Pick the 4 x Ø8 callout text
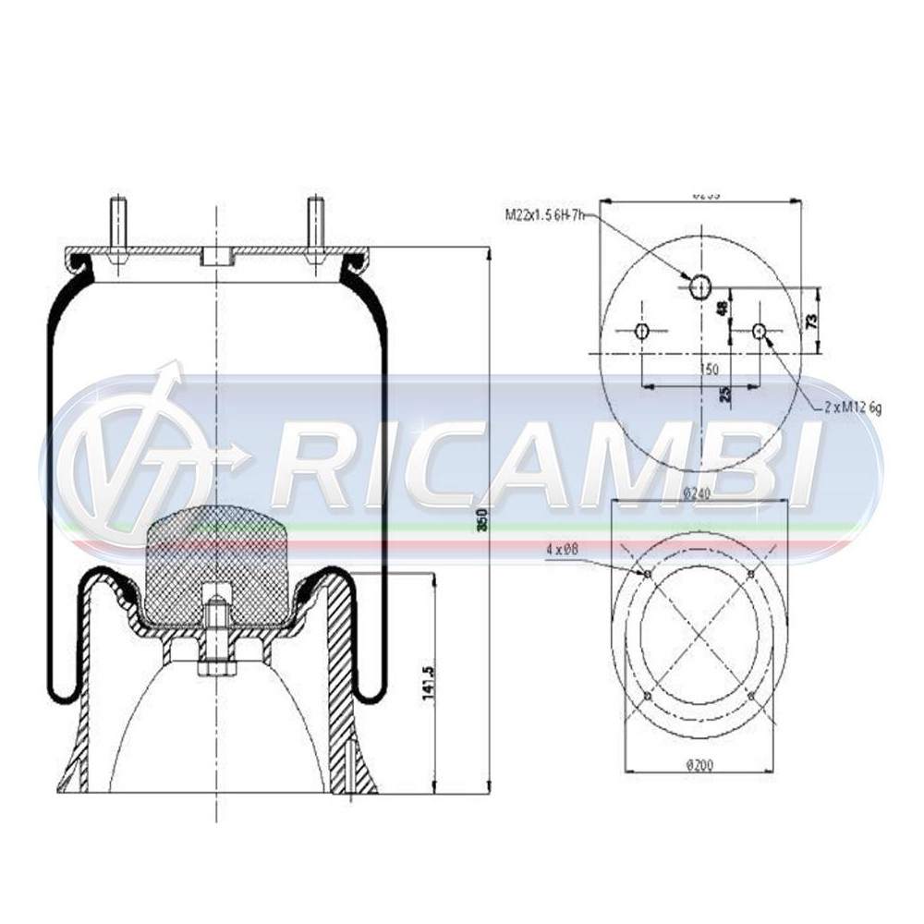tap(563, 548)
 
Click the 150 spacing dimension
tap(710, 370)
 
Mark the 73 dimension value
tap(812, 321)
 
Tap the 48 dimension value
tap(722, 308)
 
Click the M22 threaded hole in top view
tap(700, 286)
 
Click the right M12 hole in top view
tap(760, 331)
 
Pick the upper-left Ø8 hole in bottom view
tap(647, 575)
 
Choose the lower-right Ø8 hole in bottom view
tap(751, 695)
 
